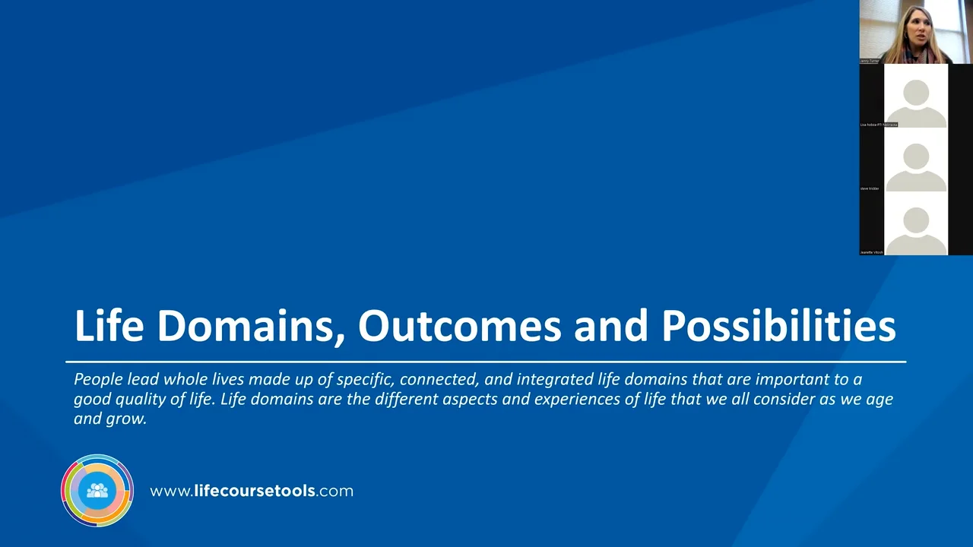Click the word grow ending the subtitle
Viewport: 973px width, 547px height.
click(128, 419)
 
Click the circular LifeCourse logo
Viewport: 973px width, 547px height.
click(97, 491)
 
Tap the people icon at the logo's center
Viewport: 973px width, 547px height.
click(97, 491)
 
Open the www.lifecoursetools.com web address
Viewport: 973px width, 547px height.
click(252, 491)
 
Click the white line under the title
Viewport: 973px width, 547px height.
click(486, 362)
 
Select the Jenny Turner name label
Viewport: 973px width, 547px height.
click(869, 61)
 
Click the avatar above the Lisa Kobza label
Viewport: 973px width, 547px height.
click(916, 97)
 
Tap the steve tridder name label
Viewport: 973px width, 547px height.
click(870, 188)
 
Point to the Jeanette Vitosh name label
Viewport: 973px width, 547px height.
click(872, 251)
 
